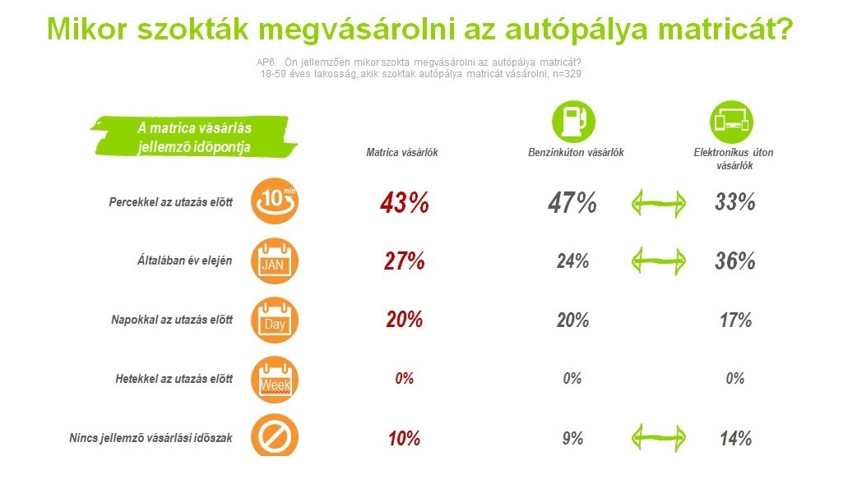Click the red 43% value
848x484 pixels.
pyautogui.click(x=404, y=203)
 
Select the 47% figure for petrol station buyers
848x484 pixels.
pyautogui.click(x=572, y=203)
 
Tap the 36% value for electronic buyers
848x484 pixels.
pyautogui.click(x=735, y=261)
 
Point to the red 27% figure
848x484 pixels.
pyautogui.click(x=404, y=261)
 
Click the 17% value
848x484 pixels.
pyautogui.click(x=735, y=320)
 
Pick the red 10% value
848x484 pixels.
pyautogui.click(x=404, y=439)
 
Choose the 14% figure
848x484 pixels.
pyautogui.click(x=735, y=439)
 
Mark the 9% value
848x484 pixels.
pyautogui.click(x=572, y=438)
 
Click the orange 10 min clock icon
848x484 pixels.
pyautogui.click(x=275, y=201)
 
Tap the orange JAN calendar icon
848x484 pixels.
pyautogui.click(x=275, y=261)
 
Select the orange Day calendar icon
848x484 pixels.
pyautogui.click(x=275, y=320)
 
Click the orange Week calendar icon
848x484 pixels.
pyautogui.click(x=275, y=380)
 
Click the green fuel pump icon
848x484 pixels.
pyautogui.click(x=573, y=122)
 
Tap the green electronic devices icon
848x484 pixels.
pyautogui.click(x=732, y=122)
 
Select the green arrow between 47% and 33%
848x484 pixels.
pyautogui.click(x=659, y=204)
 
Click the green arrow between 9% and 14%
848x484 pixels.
pyautogui.click(x=659, y=437)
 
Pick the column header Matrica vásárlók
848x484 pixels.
pyautogui.click(x=402, y=152)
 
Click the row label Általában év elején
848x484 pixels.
pyautogui.click(x=184, y=260)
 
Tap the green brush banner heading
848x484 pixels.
pyautogui.click(x=194, y=136)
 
